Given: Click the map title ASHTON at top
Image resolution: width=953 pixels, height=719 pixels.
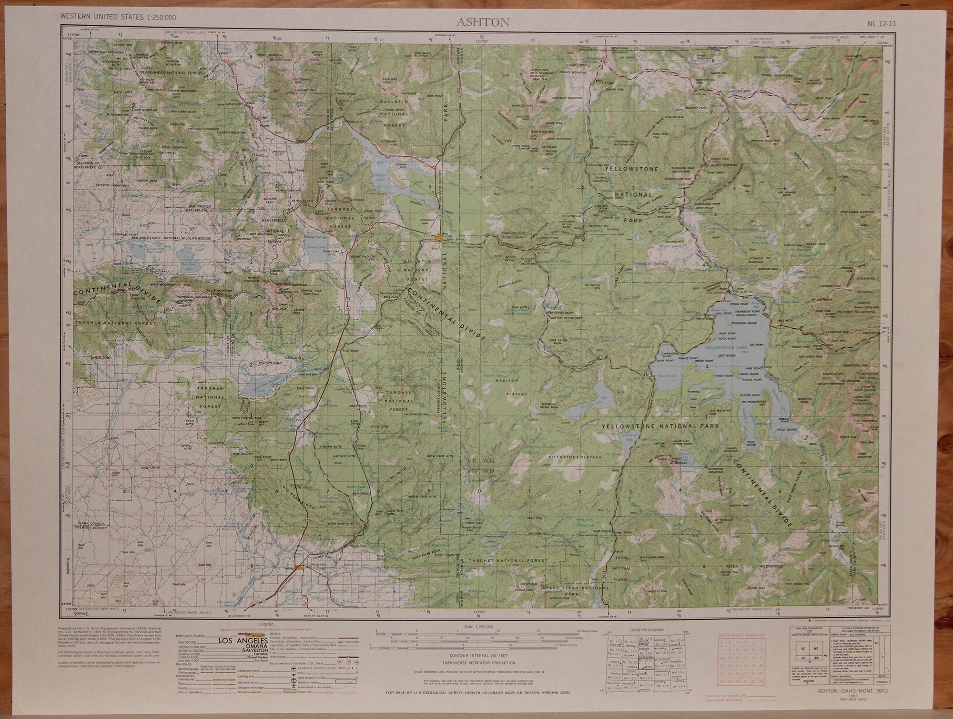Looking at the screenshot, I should click(483, 22).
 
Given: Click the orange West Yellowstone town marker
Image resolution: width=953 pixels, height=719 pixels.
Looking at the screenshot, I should click(438, 237).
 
